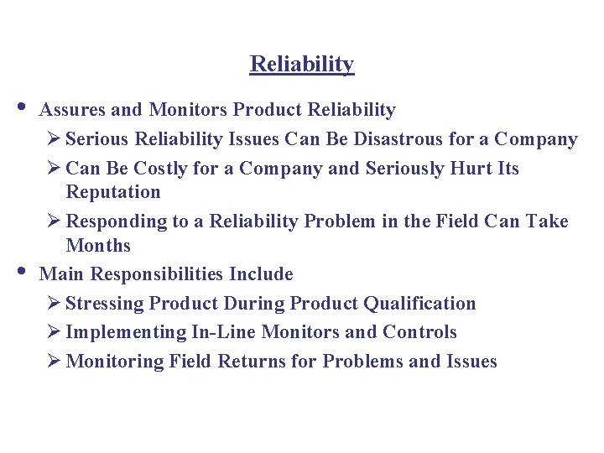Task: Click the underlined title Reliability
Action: click(302, 65)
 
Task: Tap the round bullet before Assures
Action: click(20, 107)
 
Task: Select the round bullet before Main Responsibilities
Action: click(20, 272)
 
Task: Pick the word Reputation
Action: click(112, 192)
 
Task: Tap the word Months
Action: click(98, 246)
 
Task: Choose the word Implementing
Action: click(125, 333)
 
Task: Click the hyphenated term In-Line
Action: click(224, 332)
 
